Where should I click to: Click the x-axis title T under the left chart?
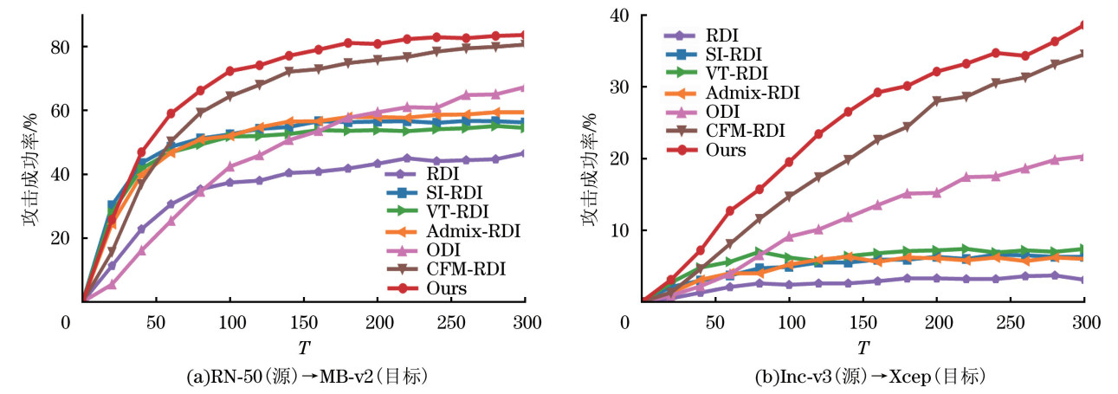[304, 347]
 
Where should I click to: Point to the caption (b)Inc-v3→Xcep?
[863, 377]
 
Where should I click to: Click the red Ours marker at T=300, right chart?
[1083, 25]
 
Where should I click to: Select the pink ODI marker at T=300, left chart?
[525, 87]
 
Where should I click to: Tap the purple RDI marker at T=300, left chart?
[525, 153]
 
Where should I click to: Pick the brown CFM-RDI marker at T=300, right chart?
[1083, 55]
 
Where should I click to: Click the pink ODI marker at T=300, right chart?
[1083, 157]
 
